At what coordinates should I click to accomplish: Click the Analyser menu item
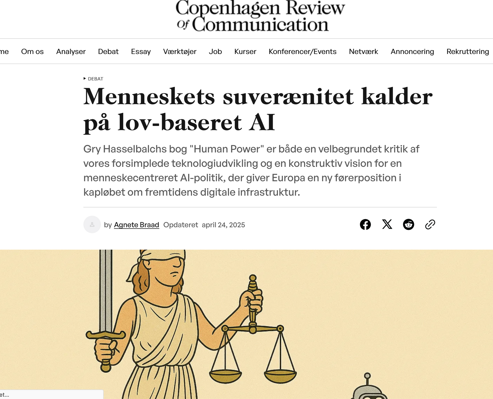[x=71, y=51]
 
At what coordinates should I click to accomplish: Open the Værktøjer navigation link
[x=180, y=51]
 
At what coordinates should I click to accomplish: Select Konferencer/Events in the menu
[x=302, y=51]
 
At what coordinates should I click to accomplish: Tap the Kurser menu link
[x=245, y=51]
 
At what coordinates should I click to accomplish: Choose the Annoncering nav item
[x=412, y=51]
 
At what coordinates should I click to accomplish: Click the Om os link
[x=32, y=51]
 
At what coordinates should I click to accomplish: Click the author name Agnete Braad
[x=136, y=225]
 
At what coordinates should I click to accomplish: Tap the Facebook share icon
[x=365, y=224]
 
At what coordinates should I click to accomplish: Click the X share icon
[x=387, y=224]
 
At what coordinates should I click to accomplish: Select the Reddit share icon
[x=408, y=224]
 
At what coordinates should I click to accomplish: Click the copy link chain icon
[x=430, y=224]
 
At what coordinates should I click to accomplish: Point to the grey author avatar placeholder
[x=92, y=224]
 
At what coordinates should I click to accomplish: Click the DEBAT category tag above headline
[x=95, y=79]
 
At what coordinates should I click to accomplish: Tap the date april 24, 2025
[x=223, y=225]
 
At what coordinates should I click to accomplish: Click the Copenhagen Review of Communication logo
[x=260, y=16]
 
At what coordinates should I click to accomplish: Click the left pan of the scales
[x=225, y=375]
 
